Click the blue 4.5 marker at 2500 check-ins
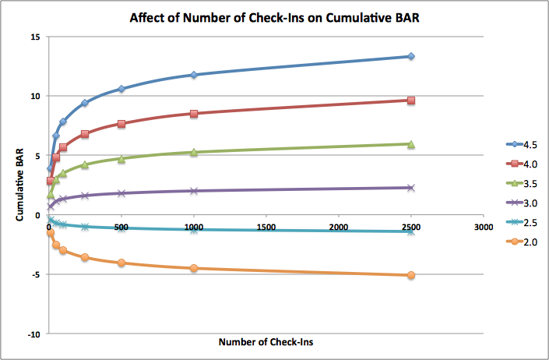pyautogui.click(x=410, y=56)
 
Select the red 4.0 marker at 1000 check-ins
pyautogui.click(x=193, y=114)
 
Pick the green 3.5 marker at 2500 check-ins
pyautogui.click(x=410, y=144)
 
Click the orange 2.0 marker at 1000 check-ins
pyautogui.click(x=193, y=268)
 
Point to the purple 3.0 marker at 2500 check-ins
pyautogui.click(x=410, y=188)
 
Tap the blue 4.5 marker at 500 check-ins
pyautogui.click(x=121, y=89)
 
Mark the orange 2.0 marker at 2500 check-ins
pyautogui.click(x=410, y=275)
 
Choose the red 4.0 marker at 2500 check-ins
pyautogui.click(x=410, y=101)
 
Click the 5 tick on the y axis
pyautogui.click(x=36, y=156)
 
